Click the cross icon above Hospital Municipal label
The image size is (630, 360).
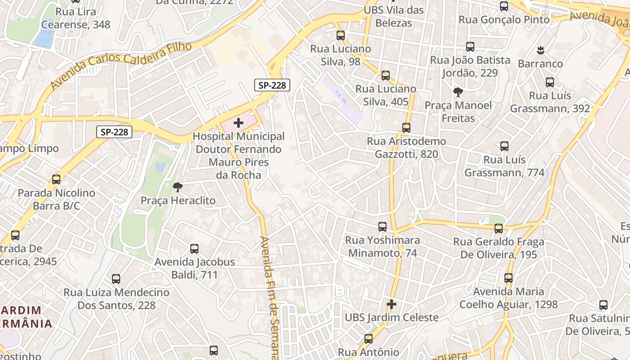(x=238, y=122)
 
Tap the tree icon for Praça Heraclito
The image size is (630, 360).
(x=178, y=187)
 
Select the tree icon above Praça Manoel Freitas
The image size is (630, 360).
(x=458, y=92)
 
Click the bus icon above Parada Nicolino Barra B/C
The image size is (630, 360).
(x=56, y=180)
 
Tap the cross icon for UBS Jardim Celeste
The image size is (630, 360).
(x=391, y=304)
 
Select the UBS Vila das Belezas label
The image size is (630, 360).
(x=393, y=17)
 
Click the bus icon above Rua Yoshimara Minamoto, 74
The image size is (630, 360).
(x=382, y=227)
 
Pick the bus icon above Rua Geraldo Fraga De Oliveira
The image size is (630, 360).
(x=499, y=229)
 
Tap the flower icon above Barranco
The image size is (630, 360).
(x=540, y=50)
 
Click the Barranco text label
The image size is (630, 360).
(x=540, y=63)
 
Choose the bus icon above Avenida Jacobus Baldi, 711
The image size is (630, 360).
(x=194, y=248)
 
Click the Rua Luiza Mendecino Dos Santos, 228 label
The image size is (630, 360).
(x=117, y=299)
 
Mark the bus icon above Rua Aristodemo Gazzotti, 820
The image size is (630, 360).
(x=406, y=128)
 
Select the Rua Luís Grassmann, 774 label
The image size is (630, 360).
(x=504, y=166)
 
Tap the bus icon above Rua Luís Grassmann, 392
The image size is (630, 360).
(x=550, y=82)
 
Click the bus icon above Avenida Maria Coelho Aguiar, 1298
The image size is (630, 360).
(x=508, y=278)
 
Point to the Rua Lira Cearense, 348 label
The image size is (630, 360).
(x=83, y=18)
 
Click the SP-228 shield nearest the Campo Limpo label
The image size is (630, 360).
(x=115, y=132)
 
